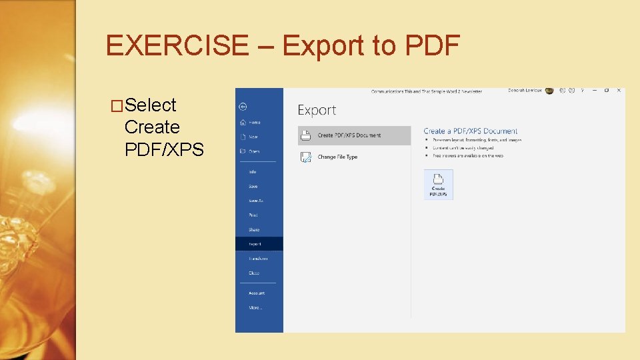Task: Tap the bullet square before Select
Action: (x=117, y=106)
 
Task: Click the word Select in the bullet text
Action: (x=150, y=105)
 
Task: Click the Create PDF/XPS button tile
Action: (x=438, y=184)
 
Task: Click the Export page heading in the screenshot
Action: (x=317, y=111)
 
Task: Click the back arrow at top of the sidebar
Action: (x=243, y=106)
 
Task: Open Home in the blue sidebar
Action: (x=254, y=123)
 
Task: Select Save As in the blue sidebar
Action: (x=256, y=201)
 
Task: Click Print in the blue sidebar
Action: (x=253, y=215)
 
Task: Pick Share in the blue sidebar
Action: (x=254, y=230)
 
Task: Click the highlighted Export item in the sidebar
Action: (x=255, y=244)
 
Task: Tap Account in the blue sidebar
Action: (x=257, y=293)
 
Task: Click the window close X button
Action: (x=619, y=91)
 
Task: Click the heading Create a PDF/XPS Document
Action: (x=470, y=131)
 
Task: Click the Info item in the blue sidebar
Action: (x=253, y=172)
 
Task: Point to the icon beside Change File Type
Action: (x=306, y=157)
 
